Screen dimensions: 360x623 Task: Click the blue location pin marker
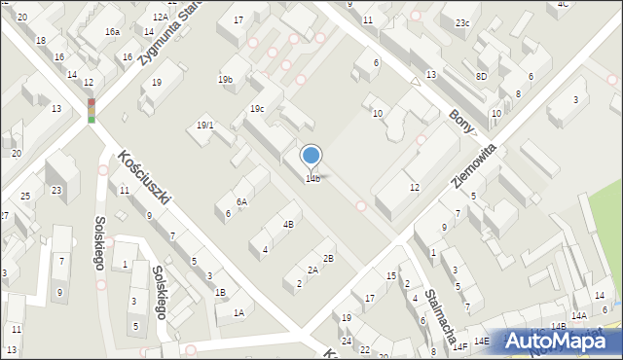(311, 156)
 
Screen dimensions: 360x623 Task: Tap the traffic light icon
(92, 110)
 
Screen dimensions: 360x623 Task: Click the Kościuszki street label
(145, 176)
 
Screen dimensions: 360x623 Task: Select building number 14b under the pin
(312, 178)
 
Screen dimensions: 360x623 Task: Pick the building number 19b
(225, 79)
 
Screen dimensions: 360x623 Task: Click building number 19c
(256, 108)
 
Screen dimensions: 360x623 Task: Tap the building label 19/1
(204, 125)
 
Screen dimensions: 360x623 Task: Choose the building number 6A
(241, 201)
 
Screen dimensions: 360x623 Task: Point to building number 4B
(288, 224)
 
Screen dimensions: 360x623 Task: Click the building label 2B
(328, 258)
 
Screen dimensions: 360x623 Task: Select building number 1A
(238, 312)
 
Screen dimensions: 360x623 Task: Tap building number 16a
(113, 32)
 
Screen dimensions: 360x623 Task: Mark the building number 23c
(461, 22)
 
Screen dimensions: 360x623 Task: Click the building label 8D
(481, 76)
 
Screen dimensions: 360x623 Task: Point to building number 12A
(161, 17)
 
